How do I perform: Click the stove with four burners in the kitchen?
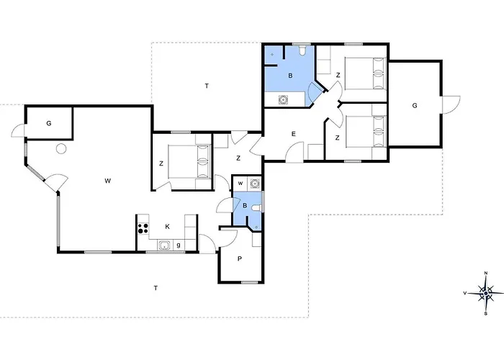pos(143,228)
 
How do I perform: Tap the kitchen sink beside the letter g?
pos(165,246)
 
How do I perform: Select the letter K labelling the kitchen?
pos(168,227)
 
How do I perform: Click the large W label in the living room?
pos(108,181)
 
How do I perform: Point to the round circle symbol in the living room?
pos(61,148)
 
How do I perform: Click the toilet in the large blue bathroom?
pos(302,50)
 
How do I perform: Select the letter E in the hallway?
pos(294,134)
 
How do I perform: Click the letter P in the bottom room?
pos(240,258)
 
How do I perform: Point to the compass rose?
pos(486,293)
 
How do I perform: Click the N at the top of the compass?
pos(486,273)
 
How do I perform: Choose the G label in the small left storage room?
pos(49,123)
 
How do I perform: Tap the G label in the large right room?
pos(415,105)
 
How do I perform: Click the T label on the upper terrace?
pos(207,86)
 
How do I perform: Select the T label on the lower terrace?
pos(156,288)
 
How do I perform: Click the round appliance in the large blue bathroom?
pos(283,99)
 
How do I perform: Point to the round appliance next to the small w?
pos(255,183)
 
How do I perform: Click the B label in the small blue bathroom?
pos(245,206)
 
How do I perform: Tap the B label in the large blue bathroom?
pos(291,76)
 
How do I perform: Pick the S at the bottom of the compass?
pos(486,314)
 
